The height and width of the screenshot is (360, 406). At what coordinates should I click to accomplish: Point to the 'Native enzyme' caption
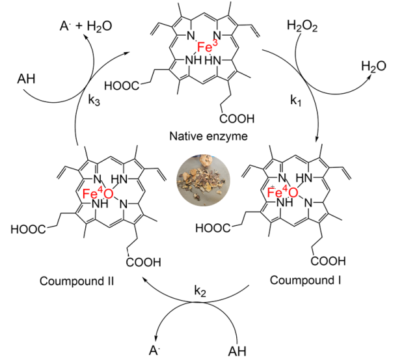pyautogui.click(x=203, y=138)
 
